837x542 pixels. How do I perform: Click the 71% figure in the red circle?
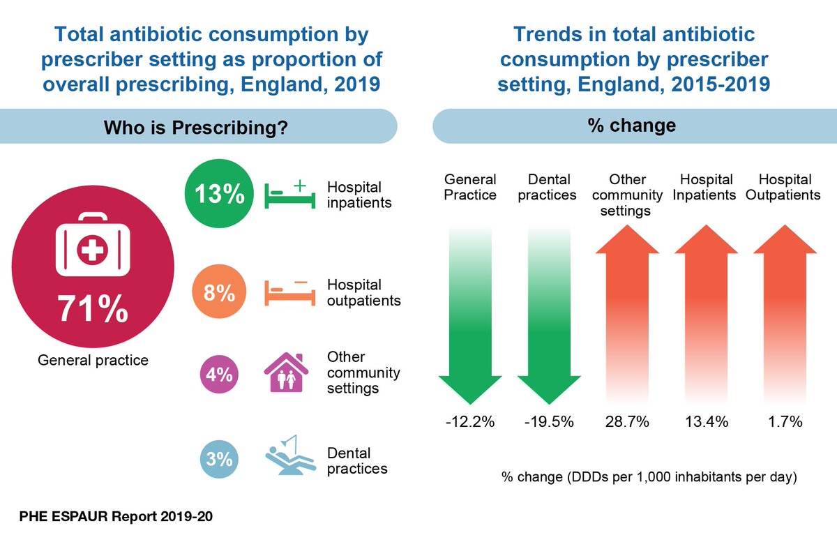coord(93,309)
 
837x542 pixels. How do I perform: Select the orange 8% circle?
coord(219,293)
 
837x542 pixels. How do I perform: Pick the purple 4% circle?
coord(219,374)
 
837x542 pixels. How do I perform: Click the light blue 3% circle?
coord(219,459)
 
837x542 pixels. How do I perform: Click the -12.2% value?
coord(469,422)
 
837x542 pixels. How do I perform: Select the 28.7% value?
coord(626,422)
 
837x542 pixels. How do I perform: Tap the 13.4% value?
coord(705,422)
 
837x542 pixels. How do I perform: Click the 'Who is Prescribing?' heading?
coord(196,128)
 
